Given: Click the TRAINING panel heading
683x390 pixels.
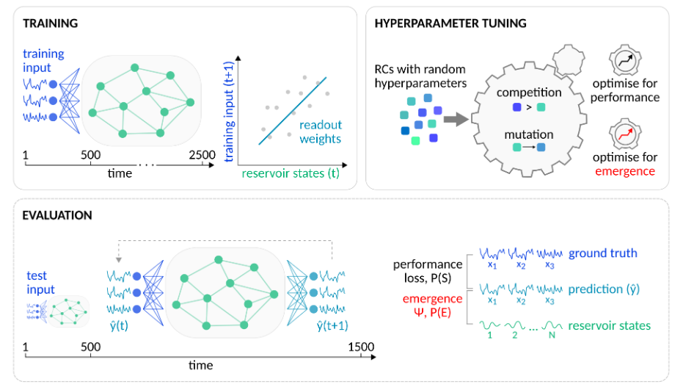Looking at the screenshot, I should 50,24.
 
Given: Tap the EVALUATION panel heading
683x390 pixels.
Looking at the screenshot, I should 57,215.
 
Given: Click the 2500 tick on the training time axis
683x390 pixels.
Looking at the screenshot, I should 202,155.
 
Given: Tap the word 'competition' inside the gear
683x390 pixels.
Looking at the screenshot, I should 528,93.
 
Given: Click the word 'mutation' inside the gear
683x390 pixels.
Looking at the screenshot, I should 528,134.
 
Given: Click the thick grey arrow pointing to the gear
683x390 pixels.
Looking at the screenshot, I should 455,119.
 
